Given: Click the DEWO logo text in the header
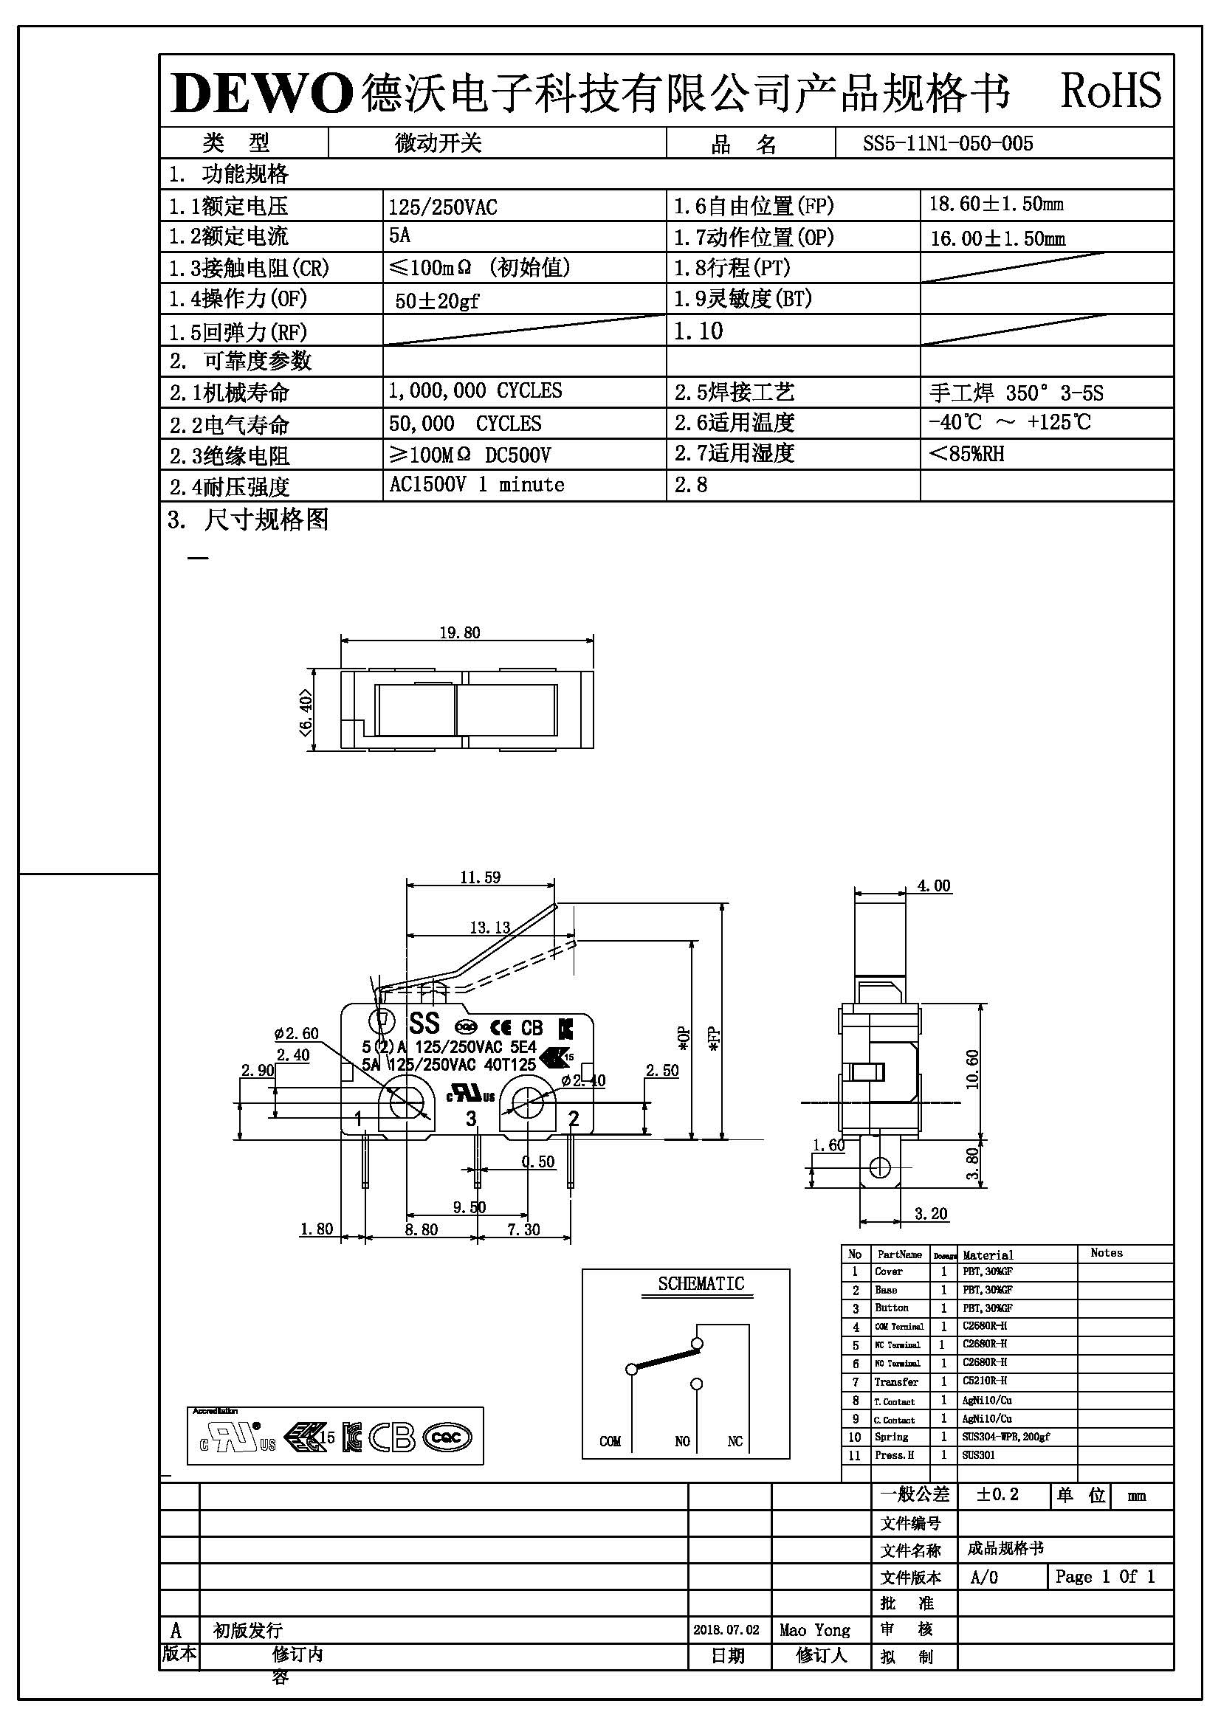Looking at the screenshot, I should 261,94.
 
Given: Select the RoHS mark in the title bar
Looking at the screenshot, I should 1110,91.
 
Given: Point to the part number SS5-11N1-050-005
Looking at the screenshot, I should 947,144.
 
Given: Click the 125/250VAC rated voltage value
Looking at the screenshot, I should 442,207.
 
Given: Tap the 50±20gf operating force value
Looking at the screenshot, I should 437,300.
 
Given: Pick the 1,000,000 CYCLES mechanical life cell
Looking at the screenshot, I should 475,391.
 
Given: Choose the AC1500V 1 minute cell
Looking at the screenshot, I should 476,485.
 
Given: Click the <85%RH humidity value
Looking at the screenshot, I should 967,454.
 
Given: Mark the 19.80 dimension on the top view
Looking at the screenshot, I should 459,633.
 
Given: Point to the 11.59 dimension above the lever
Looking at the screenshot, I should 480,877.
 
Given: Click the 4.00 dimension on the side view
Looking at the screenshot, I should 934,886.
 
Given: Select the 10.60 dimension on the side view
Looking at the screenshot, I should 973,1069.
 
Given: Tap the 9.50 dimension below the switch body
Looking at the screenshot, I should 470,1207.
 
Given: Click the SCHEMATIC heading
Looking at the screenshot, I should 701,1284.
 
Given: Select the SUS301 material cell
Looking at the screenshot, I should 978,1454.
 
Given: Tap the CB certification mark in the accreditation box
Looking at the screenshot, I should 392,1438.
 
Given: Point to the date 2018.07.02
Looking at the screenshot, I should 726,1630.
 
